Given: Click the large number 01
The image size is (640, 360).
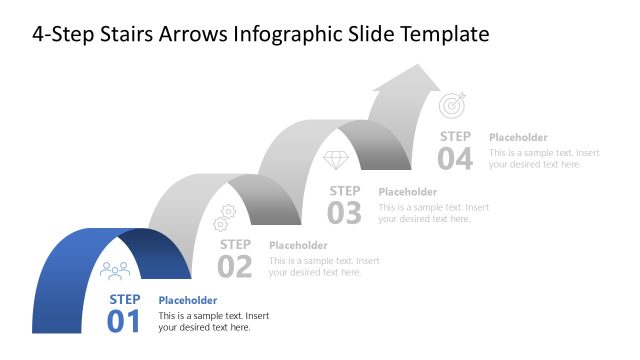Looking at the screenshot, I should pyautogui.click(x=125, y=321).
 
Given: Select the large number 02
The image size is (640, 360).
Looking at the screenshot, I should pyautogui.click(x=235, y=266).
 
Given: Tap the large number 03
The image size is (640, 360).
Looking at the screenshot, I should pyautogui.click(x=345, y=212).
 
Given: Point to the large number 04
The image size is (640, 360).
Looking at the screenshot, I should pyautogui.click(x=455, y=158).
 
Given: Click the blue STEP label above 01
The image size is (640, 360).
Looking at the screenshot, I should pyautogui.click(x=125, y=299).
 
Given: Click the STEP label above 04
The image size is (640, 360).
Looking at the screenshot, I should pyautogui.click(x=455, y=136).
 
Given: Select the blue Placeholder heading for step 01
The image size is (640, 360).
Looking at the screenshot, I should pyautogui.click(x=188, y=300).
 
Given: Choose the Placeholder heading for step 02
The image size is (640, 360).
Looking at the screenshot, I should pyautogui.click(x=298, y=245).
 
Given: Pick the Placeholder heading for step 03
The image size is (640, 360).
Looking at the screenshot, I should pyautogui.click(x=408, y=191).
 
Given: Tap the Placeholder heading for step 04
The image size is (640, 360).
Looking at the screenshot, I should pyautogui.click(x=518, y=137).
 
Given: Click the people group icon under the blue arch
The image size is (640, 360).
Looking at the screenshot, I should pyautogui.click(x=116, y=270).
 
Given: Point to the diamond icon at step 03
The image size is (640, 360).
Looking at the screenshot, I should pyautogui.click(x=336, y=160).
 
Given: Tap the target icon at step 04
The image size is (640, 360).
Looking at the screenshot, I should pyautogui.click(x=452, y=104).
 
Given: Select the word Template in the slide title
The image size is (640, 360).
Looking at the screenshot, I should pyautogui.click(x=444, y=35).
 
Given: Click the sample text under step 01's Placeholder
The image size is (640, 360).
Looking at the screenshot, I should pyautogui.click(x=213, y=321).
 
